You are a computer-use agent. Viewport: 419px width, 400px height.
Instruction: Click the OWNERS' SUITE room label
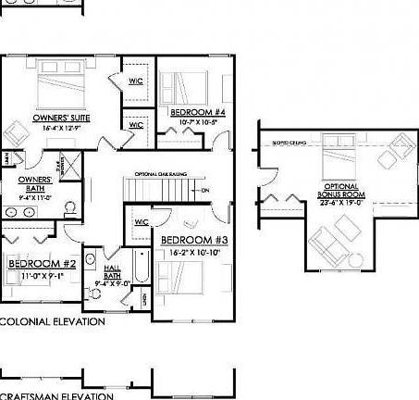[x=56, y=119]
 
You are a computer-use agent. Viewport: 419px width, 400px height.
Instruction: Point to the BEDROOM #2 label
[x=35, y=263]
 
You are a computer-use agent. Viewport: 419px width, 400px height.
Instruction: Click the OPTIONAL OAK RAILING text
[x=159, y=173]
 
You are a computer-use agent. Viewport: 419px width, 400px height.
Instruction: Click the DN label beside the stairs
[x=204, y=192]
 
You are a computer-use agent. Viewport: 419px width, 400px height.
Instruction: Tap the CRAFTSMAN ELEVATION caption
[x=55, y=395]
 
